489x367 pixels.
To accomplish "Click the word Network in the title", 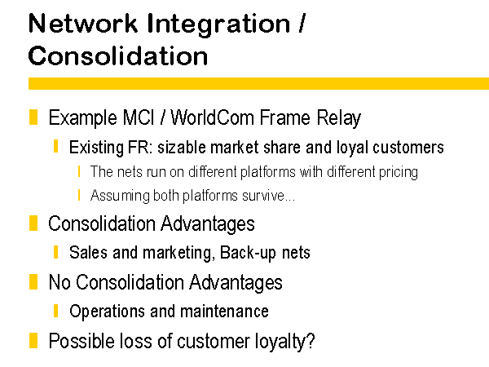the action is click(x=83, y=24).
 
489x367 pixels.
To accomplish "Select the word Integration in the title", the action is click(x=218, y=25).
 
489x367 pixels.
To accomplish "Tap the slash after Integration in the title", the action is click(x=302, y=23).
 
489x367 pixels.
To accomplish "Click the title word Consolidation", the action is click(x=118, y=55).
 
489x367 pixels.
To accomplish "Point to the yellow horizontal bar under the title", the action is click(x=258, y=84).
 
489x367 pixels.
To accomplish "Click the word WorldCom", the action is click(x=213, y=117).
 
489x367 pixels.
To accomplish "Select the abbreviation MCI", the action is click(x=139, y=117).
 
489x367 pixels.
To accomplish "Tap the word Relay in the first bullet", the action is click(x=339, y=118).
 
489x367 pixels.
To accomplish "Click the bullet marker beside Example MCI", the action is click(x=33, y=117).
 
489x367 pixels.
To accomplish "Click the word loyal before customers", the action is click(x=352, y=148).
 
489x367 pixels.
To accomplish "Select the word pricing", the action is click(x=399, y=173).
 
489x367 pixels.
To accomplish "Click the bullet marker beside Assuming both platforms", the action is click(x=79, y=196).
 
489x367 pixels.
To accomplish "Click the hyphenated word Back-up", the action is click(x=248, y=253).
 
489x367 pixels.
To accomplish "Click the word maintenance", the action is click(x=224, y=312).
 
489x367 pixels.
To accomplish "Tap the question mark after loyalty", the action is click(x=311, y=340).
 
